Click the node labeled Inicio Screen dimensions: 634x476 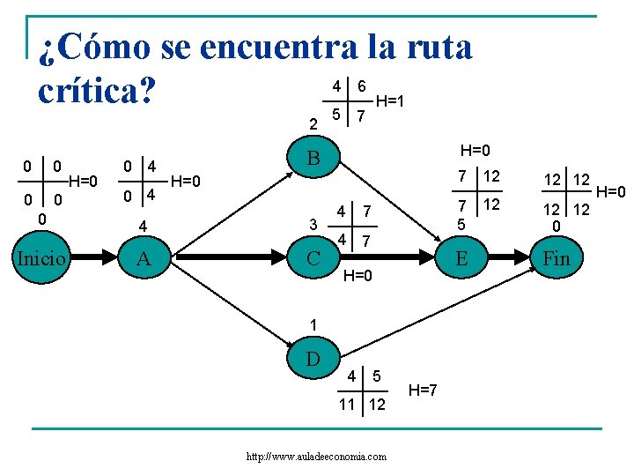point(42,258)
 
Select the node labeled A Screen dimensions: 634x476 point(145,258)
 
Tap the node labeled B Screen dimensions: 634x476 point(313,160)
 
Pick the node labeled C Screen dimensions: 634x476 point(312,258)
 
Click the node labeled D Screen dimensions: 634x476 point(313,359)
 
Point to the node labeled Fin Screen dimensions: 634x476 point(557,258)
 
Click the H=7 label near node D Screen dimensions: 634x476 point(423,390)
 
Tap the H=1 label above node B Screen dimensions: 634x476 point(390,101)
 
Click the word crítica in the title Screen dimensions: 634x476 point(91,88)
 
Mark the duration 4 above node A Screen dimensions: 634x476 point(143,227)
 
